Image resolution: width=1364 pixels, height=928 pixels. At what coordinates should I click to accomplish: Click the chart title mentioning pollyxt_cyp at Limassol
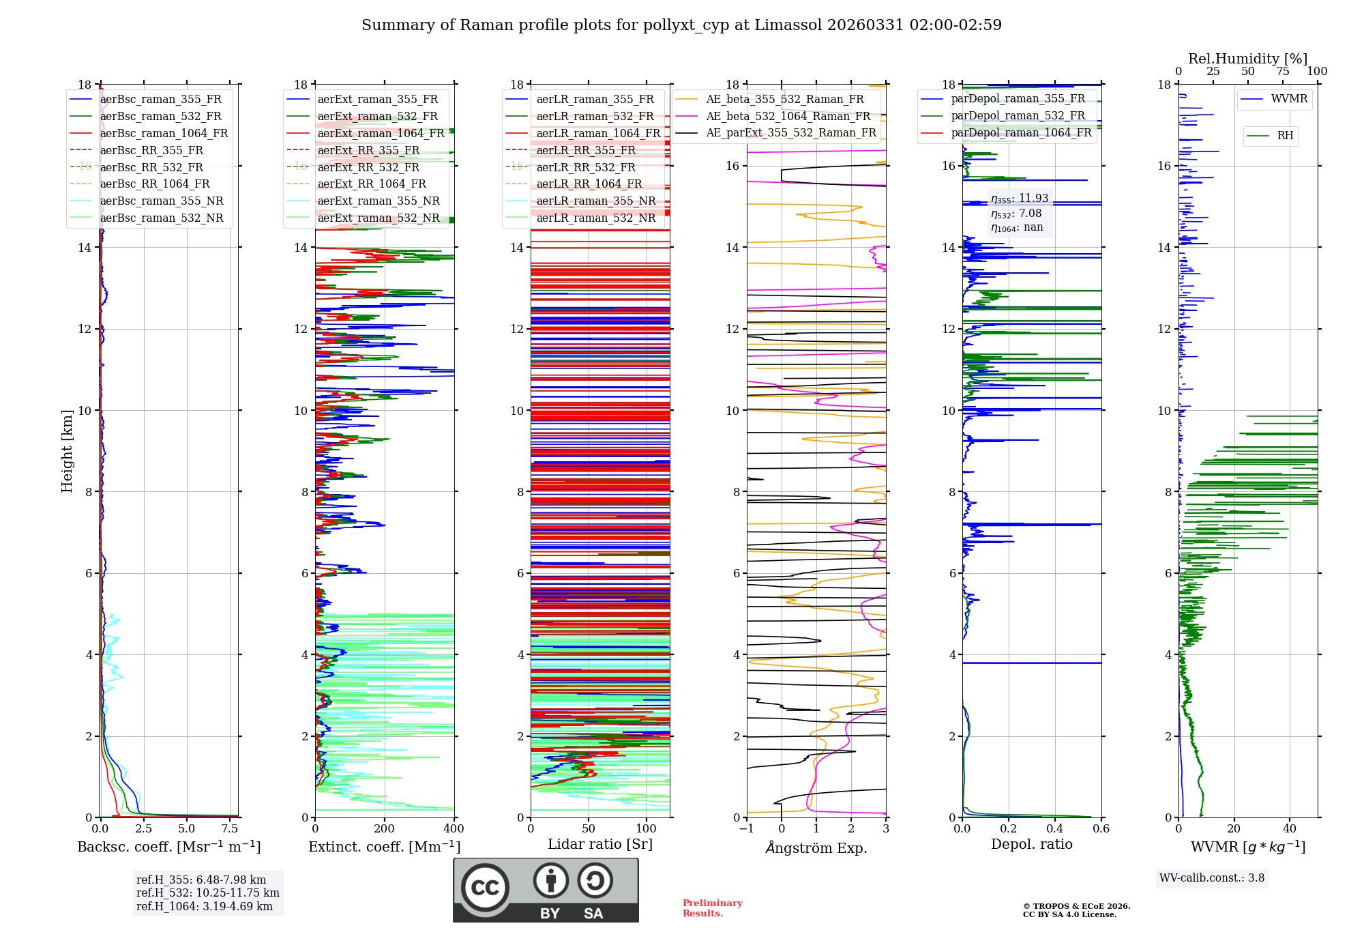tap(681, 25)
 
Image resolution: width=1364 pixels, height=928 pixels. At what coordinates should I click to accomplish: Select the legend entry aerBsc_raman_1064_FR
tap(164, 133)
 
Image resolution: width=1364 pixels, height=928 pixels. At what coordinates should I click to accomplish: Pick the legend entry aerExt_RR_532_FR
tap(368, 167)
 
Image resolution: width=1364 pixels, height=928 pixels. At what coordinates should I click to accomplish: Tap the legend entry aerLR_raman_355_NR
tap(595, 201)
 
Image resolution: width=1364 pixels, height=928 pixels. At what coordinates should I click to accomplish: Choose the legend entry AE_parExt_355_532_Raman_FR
tap(790, 132)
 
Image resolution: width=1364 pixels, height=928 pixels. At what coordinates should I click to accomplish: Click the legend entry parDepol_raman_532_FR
tap(1018, 116)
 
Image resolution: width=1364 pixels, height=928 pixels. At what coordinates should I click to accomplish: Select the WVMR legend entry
tap(1289, 99)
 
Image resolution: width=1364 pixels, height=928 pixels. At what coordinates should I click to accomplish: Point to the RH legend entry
tap(1285, 136)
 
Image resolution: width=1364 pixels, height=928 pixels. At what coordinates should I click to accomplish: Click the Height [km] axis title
tap(67, 450)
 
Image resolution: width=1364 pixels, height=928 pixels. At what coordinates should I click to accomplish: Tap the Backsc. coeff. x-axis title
tap(168, 847)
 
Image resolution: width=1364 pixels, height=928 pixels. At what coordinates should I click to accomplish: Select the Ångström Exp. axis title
tap(816, 847)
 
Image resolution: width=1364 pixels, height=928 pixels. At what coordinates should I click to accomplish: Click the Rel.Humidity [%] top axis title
tap(1247, 59)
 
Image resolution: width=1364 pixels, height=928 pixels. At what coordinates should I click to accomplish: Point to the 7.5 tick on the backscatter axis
tap(230, 829)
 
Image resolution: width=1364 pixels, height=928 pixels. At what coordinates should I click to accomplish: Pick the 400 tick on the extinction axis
tap(454, 829)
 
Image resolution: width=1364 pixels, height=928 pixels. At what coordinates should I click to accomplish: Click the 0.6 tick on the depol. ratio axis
tap(1101, 829)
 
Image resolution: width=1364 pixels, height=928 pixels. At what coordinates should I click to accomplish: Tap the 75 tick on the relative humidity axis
tap(1283, 71)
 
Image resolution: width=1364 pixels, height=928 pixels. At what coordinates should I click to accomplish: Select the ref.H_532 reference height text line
tap(207, 893)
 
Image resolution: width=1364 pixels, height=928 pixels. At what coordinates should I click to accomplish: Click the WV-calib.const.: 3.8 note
tap(1211, 878)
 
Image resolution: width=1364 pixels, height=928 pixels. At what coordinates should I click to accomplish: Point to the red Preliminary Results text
tap(712, 908)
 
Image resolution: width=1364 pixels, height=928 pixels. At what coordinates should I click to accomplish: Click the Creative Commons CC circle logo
tap(485, 888)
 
